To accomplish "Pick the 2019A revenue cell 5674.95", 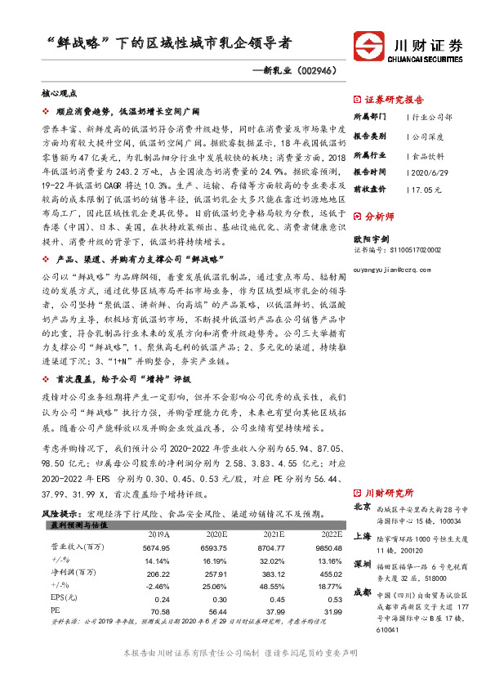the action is click(x=155, y=547).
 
